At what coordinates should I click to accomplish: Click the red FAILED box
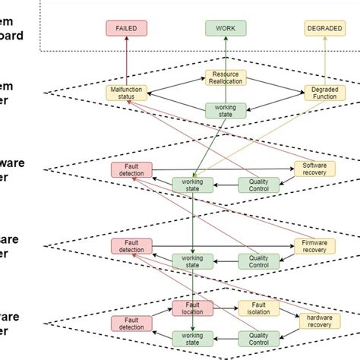point(127,28)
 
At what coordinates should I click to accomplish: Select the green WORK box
point(226,28)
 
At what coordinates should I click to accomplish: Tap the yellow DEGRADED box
point(324,28)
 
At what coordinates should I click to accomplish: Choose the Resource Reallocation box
point(226,79)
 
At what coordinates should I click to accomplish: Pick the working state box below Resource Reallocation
point(226,110)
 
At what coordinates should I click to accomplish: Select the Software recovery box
point(314,169)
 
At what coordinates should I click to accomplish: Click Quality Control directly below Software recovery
point(258,184)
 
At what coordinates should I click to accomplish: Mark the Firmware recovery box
point(314,246)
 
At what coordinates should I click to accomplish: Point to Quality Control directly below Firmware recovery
point(258,261)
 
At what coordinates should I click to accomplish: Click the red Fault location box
point(193,308)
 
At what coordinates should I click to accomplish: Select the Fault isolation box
point(259,308)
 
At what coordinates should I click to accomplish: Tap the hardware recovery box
point(314,322)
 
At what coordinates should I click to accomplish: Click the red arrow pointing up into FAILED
point(127,61)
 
